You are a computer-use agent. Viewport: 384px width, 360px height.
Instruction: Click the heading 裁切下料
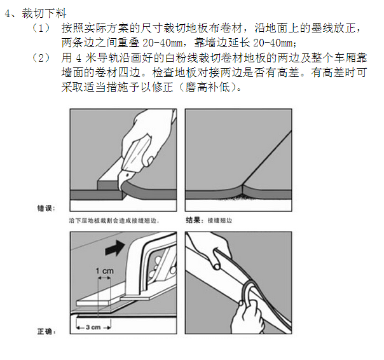point(44,13)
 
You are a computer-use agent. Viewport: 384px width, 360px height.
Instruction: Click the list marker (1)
point(41,28)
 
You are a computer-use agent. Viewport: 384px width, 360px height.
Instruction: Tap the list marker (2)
point(41,58)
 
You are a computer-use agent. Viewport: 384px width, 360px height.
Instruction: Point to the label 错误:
point(46,209)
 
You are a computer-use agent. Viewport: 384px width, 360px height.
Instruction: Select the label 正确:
point(46,331)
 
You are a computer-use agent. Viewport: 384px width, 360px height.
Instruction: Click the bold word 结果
point(193,220)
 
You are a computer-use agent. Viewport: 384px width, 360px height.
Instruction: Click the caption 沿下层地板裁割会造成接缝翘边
point(113,221)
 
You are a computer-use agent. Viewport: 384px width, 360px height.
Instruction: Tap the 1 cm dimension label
point(104,271)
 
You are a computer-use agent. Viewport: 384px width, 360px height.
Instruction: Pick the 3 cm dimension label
point(93,327)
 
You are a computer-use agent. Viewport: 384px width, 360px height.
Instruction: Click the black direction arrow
point(115,248)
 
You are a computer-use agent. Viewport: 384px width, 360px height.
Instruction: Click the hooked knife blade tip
point(120,189)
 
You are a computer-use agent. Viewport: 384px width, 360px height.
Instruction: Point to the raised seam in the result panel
point(242,189)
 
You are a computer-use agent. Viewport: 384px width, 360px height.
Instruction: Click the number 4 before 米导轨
point(78,59)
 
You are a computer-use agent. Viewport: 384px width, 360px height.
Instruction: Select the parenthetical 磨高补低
point(208,87)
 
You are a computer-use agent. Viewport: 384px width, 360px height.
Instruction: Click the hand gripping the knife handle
point(147,137)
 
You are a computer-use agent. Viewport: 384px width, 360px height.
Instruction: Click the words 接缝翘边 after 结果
point(220,221)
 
